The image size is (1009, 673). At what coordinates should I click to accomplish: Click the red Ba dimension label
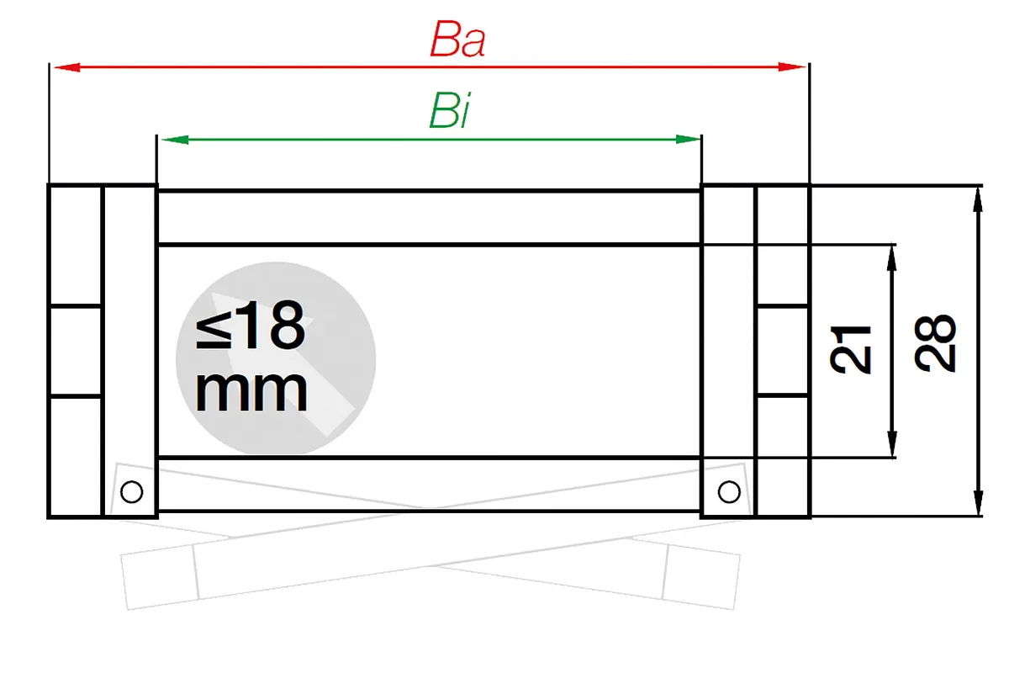pos(457,40)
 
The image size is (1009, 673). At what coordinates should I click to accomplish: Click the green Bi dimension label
pos(450,111)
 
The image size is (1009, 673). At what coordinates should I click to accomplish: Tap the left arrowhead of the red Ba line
pos(67,67)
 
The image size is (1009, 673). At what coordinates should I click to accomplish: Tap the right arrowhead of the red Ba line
pos(792,67)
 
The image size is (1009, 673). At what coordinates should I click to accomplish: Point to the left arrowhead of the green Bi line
pos(175,140)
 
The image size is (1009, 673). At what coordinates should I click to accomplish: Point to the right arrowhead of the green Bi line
pos(689,140)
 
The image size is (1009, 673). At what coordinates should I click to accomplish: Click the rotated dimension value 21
pos(850,350)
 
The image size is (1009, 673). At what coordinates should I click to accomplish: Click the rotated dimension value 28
pos(935,343)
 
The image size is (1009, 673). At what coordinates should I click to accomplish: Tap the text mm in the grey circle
pos(251,393)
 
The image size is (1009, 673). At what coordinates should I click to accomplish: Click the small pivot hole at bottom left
pos(131,491)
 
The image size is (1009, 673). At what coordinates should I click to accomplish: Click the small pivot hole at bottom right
pos(729,491)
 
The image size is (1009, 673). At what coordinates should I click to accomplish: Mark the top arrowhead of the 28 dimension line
pos(977,200)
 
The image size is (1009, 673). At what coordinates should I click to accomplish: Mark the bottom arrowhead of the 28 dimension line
pos(978,502)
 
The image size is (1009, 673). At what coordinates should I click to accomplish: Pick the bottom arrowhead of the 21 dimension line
pos(892,444)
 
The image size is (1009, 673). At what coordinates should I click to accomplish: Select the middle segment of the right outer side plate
pos(783,351)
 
